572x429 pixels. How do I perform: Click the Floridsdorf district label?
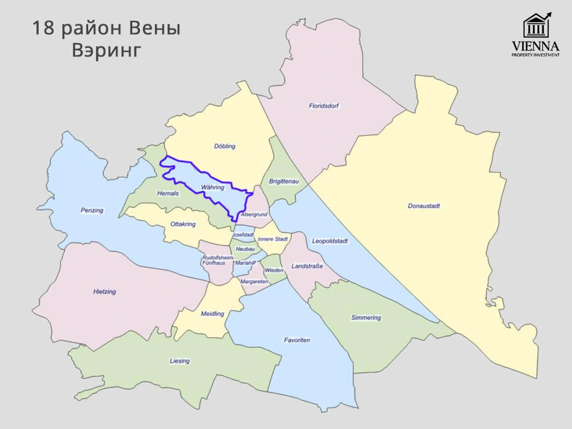[x=324, y=106]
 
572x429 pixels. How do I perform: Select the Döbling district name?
[x=225, y=146]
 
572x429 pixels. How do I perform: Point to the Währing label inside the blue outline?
[x=213, y=187]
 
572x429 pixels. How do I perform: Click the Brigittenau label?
[x=284, y=181]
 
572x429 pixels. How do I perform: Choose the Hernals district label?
[x=168, y=194]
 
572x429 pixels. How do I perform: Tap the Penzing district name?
[x=92, y=210]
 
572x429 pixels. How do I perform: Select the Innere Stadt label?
[x=273, y=239]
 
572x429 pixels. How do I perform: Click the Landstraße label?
[x=307, y=266]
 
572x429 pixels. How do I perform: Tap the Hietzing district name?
[x=104, y=291]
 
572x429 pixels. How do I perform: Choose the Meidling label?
[x=213, y=313]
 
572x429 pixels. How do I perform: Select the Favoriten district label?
[x=297, y=340]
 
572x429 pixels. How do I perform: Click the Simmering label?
[x=366, y=318]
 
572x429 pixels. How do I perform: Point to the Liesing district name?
[x=179, y=361]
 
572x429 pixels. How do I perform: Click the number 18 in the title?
[x=43, y=28]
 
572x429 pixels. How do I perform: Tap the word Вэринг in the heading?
[x=106, y=50]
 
